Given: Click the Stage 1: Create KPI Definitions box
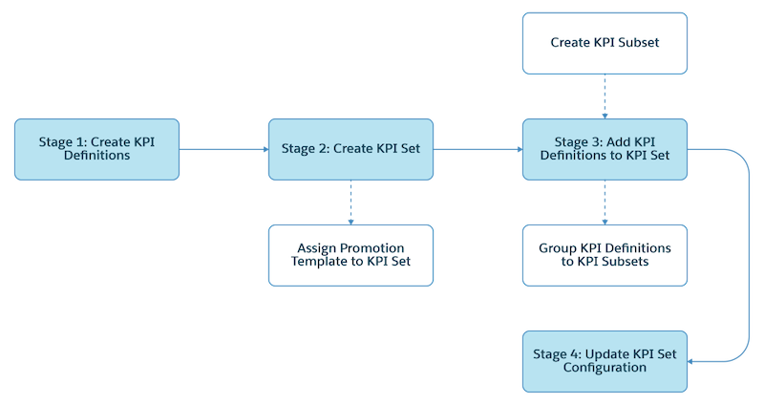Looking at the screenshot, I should [x=96, y=149].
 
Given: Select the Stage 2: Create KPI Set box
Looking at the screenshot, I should [x=350, y=149].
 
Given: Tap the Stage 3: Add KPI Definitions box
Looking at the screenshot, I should [x=604, y=149].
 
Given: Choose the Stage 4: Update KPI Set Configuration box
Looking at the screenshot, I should [x=604, y=360].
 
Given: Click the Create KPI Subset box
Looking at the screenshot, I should [x=604, y=43].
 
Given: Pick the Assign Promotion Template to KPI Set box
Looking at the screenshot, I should [x=350, y=254].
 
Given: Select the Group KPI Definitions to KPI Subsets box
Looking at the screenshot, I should [x=604, y=254].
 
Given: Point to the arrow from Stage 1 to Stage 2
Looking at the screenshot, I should [x=223, y=149].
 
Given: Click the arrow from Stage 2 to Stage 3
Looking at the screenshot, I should [x=477, y=149].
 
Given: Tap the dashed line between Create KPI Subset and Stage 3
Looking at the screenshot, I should [x=604, y=96].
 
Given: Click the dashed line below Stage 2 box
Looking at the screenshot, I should [x=350, y=202].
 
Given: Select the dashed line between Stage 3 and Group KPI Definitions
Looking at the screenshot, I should [x=604, y=202].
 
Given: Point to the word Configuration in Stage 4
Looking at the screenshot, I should [x=604, y=368].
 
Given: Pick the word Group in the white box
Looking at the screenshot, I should [x=553, y=247].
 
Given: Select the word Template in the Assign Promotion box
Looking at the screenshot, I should [x=320, y=262].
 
